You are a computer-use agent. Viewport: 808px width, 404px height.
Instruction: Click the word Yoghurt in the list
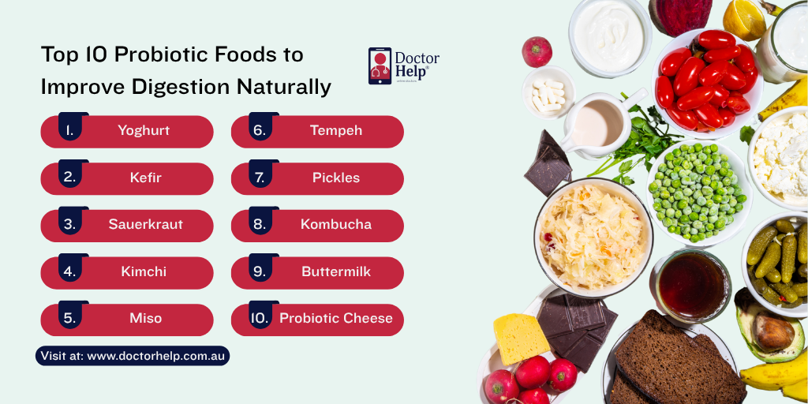tap(144, 131)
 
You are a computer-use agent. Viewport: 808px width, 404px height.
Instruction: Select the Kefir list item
tap(145, 178)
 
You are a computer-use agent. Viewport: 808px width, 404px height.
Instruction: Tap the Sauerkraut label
tap(145, 225)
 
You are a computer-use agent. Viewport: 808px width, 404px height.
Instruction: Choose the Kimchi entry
tap(144, 271)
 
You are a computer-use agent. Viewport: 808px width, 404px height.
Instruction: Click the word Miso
tap(145, 319)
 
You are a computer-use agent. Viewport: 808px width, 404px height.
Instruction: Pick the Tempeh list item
tap(336, 131)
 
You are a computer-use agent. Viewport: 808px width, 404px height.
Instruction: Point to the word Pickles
tap(336, 178)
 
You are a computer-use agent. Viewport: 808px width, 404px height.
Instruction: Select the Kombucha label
tap(336, 225)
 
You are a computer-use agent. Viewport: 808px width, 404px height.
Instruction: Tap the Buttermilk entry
tap(336, 271)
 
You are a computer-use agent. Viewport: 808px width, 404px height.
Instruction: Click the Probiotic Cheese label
tap(336, 319)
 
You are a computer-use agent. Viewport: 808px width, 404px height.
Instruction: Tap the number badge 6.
tap(259, 131)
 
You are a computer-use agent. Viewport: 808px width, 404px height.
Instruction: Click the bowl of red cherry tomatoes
tap(703, 78)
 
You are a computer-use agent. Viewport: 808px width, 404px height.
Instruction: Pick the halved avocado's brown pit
tap(772, 331)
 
